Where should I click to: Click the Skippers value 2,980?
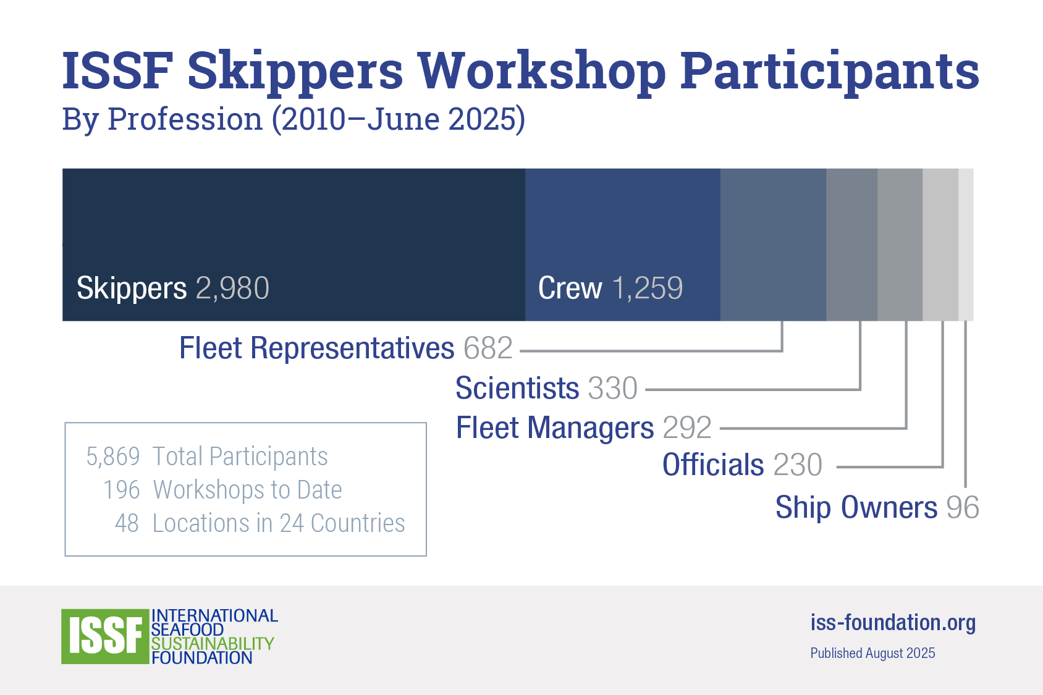click(232, 288)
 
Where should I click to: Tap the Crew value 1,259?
click(648, 288)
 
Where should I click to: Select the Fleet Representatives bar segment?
click(774, 245)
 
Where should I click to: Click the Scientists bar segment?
click(852, 245)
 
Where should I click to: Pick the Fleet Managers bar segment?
click(900, 245)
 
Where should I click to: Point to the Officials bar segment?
click(940, 245)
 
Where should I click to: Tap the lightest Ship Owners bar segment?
click(966, 245)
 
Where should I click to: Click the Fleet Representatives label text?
click(316, 348)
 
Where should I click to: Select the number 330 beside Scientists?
click(613, 388)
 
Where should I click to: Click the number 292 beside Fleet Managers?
click(687, 428)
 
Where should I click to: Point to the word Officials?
click(713, 465)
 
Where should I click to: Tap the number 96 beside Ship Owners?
click(963, 507)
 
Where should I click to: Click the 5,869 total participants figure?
click(113, 456)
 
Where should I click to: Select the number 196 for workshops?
click(122, 490)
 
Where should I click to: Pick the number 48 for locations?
click(127, 523)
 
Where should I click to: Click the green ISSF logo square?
click(105, 636)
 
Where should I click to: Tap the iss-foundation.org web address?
click(893, 623)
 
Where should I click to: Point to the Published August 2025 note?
click(872, 653)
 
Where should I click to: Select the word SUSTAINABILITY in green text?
click(213, 644)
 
